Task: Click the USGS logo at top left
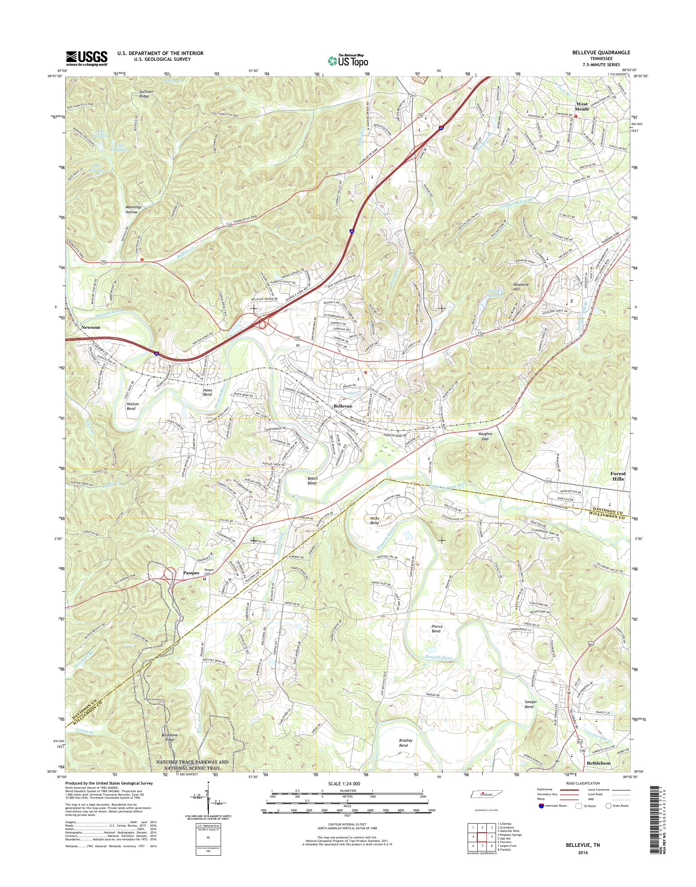click(86, 58)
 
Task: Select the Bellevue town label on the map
click(343, 406)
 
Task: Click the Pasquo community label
click(191, 572)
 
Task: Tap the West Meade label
click(582, 107)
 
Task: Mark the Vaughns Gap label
click(485, 436)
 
